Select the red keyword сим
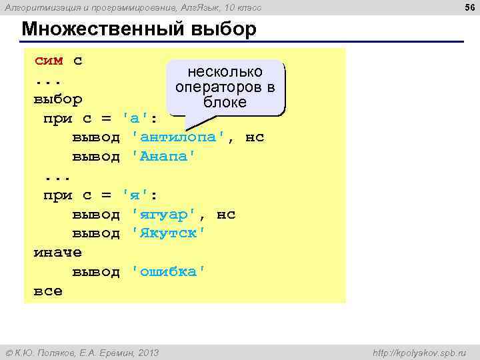coord(49,61)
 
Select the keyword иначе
coord(58,253)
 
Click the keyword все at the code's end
coord(48,291)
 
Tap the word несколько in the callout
coord(225,72)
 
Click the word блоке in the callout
coord(225,103)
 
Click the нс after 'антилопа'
coord(255,137)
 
